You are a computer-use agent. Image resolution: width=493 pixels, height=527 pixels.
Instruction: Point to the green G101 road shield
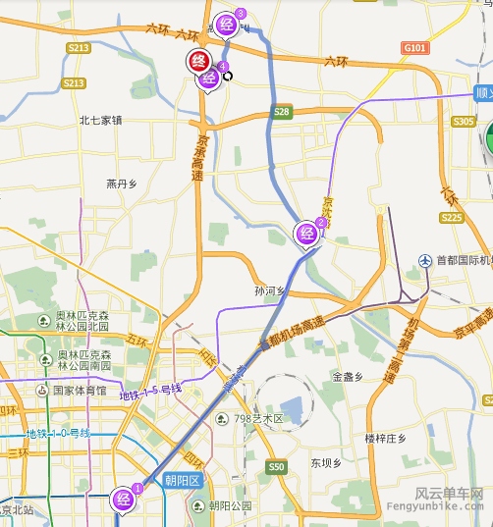[x=414, y=47]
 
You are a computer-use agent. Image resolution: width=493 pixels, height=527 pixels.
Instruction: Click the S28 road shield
[x=282, y=112]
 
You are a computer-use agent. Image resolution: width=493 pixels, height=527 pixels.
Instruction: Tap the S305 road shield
[x=464, y=121]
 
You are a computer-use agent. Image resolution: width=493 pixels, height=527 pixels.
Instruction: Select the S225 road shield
[x=452, y=217]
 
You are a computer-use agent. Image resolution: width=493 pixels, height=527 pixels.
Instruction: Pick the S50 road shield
[x=276, y=467]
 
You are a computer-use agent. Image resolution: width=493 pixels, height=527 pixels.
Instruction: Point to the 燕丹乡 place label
[x=124, y=184]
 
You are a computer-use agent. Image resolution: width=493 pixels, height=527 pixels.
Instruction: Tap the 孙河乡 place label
[x=268, y=291]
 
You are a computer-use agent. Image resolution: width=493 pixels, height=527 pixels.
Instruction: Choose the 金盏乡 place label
[x=349, y=376]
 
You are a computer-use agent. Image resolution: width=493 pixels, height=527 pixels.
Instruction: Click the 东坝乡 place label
[x=325, y=462]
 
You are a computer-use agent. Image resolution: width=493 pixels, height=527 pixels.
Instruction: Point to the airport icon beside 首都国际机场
[x=425, y=260]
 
